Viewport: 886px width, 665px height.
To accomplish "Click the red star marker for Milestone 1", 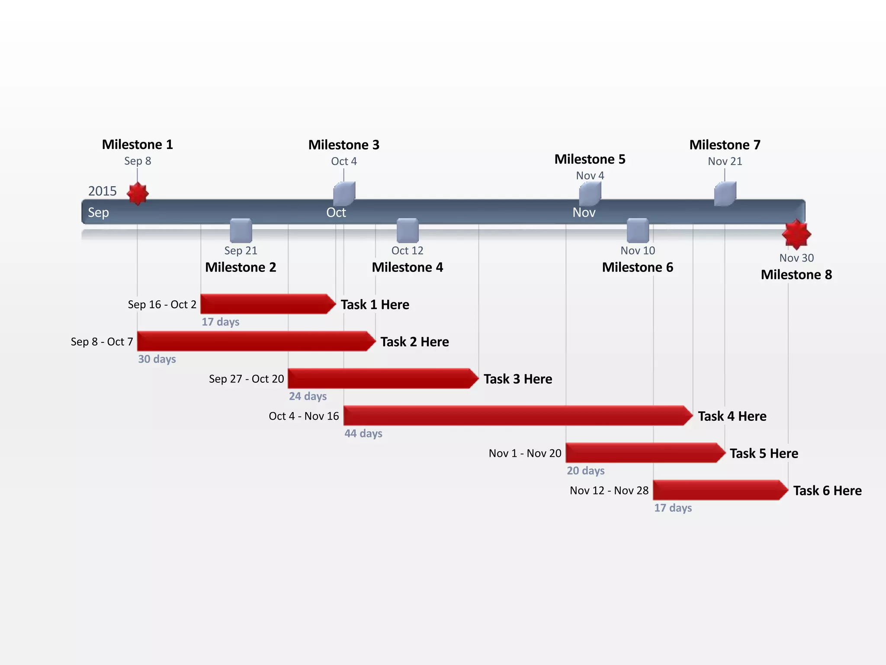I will pos(138,193).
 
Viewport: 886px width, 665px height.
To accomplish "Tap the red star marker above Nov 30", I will pos(796,234).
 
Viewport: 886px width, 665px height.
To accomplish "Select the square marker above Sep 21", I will pos(241,230).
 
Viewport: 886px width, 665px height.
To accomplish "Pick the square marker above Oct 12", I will pos(408,230).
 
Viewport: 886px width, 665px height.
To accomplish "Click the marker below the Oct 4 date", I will pos(344,194).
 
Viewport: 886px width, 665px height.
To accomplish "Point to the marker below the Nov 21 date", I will pos(725,194).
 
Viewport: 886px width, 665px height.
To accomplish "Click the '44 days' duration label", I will pos(363,433).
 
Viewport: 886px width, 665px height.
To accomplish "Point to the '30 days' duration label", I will pos(157,359).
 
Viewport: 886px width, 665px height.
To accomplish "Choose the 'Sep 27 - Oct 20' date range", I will pos(247,379).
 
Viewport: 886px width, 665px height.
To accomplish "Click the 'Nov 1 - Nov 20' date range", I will pos(525,453).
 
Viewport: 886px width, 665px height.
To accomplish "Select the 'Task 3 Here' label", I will pos(518,379).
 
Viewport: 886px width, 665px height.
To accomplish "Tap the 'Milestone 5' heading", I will pos(590,159).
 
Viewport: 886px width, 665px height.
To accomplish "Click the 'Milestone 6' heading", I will pos(638,267).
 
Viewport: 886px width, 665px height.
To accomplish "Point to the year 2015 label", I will pos(103,191).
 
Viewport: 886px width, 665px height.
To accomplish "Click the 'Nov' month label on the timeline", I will pos(584,213).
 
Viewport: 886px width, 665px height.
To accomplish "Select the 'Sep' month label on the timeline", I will pos(99,213).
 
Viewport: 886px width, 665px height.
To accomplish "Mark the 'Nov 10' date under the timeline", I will pos(638,251).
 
